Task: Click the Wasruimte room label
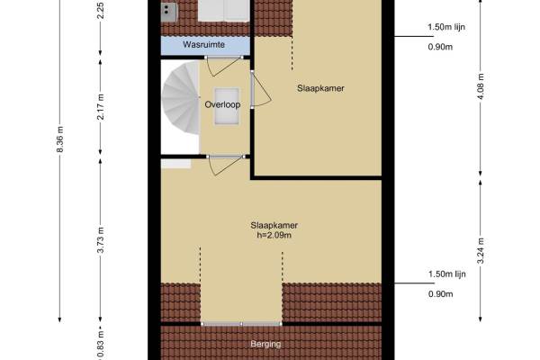(x=204, y=44)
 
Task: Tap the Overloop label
(x=222, y=104)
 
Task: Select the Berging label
(x=265, y=344)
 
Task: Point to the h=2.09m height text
(x=274, y=235)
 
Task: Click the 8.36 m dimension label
(x=60, y=139)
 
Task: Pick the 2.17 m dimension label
(x=101, y=107)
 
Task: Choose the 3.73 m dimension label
(x=101, y=239)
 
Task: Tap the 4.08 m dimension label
(x=481, y=86)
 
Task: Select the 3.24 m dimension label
(x=481, y=250)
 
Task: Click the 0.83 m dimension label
(x=101, y=346)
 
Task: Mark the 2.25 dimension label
(x=101, y=10)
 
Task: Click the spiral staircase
(x=181, y=98)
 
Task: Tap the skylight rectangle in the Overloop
(x=227, y=106)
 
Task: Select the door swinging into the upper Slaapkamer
(x=260, y=90)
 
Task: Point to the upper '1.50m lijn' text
(x=446, y=27)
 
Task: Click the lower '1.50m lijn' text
(x=447, y=274)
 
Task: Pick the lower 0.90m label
(x=440, y=294)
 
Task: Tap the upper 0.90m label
(x=440, y=47)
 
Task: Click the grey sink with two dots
(x=169, y=12)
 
